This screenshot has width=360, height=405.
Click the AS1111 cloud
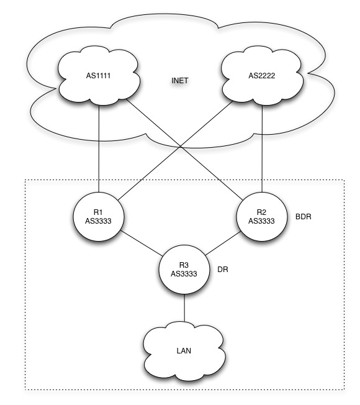click(99, 76)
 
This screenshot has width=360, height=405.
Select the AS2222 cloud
click(262, 76)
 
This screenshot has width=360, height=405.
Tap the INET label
click(180, 81)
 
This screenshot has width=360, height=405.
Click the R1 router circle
click(99, 217)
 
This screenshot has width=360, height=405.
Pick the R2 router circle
click(262, 217)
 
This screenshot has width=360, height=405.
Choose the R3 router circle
click(184, 270)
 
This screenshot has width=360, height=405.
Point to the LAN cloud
click(184, 351)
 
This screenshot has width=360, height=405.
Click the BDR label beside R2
click(304, 216)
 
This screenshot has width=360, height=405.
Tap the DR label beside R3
click(223, 270)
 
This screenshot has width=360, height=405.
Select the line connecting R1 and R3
click(142, 243)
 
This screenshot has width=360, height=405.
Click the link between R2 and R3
click(223, 243)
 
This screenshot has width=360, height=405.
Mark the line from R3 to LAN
click(184, 308)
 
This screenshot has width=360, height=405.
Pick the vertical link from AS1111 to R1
click(99, 148)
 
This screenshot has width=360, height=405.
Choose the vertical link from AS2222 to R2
click(262, 148)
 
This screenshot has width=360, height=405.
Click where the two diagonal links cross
click(181, 147)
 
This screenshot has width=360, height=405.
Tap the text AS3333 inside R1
click(98, 221)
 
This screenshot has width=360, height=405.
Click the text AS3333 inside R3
click(184, 274)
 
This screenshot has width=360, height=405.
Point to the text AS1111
click(98, 76)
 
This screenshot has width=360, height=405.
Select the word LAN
click(184, 351)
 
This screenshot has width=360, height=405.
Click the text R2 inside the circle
click(261, 212)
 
